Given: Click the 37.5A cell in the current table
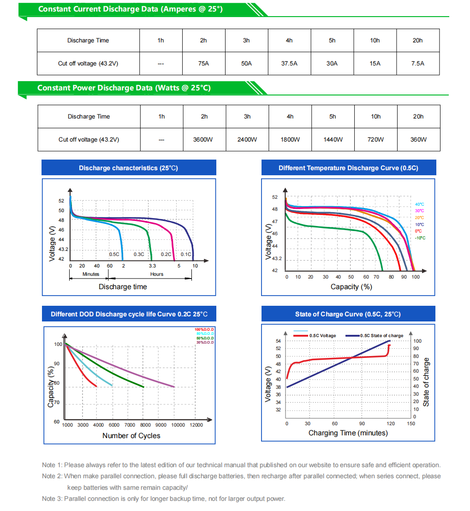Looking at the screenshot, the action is point(290,64).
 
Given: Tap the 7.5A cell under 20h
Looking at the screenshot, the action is point(418,64).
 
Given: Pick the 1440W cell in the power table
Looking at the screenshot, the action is point(333,139).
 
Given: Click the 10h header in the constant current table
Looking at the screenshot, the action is point(375,41).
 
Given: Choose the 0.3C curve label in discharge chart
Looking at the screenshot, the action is point(139,254).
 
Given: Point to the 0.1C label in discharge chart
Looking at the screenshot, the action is point(186,254).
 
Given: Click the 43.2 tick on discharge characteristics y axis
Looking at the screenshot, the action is point(63,250).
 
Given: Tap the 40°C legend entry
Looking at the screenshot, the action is point(419,204).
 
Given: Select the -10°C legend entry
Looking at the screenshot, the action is point(420,238).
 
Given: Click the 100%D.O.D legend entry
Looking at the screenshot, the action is point(204,329).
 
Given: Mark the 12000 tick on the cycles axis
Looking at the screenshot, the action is point(196,425).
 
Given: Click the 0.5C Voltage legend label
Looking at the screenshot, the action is point(323,336).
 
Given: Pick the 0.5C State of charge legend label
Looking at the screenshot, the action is point(381,336).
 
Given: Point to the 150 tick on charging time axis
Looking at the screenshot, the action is point(411,424).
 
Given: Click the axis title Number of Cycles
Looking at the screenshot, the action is point(131,436).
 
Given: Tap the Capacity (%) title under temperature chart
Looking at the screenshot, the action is point(351,287).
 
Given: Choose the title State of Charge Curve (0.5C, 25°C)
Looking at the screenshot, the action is point(348,314).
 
